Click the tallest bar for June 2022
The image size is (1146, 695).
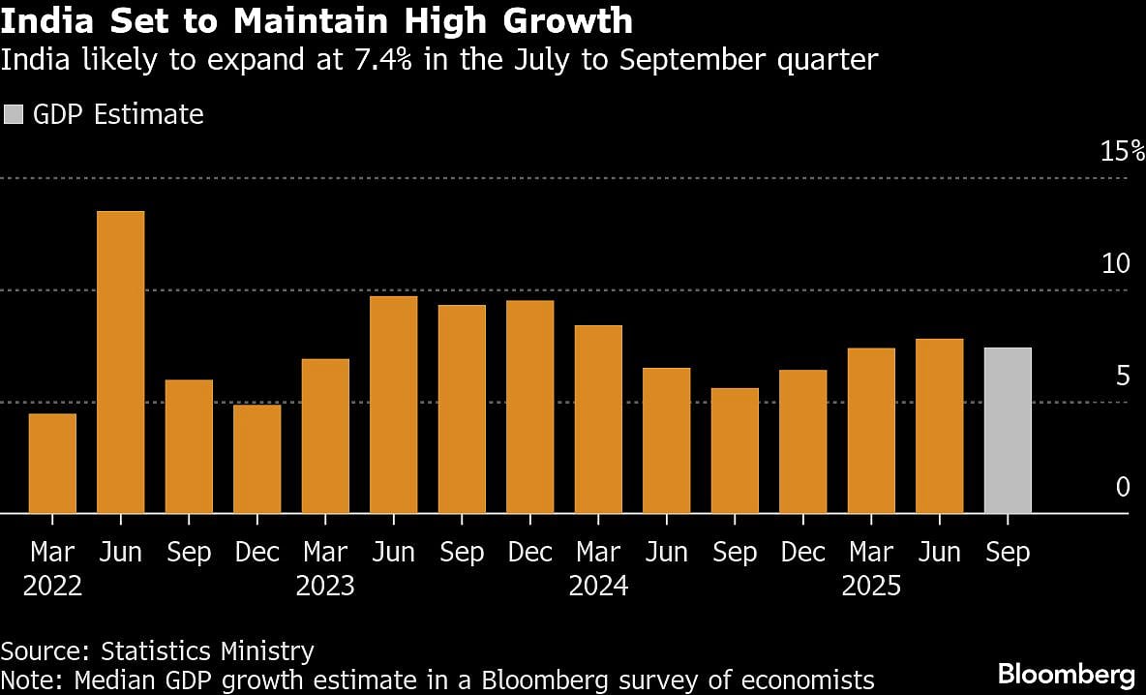[120, 362]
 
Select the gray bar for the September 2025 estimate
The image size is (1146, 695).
[1008, 431]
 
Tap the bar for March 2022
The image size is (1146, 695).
[52, 464]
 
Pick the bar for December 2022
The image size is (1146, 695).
[256, 459]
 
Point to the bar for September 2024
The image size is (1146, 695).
[735, 451]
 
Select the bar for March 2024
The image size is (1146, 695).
[598, 419]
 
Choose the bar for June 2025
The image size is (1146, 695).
[939, 426]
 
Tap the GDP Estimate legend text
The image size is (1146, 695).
[118, 114]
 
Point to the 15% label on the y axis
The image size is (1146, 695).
[1122, 151]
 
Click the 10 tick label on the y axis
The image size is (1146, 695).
[1116, 263]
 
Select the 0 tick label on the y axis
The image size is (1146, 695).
[1123, 487]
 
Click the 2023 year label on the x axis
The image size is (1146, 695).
[325, 587]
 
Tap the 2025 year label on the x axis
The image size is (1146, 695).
[871, 587]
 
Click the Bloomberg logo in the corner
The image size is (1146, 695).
[1066, 673]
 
